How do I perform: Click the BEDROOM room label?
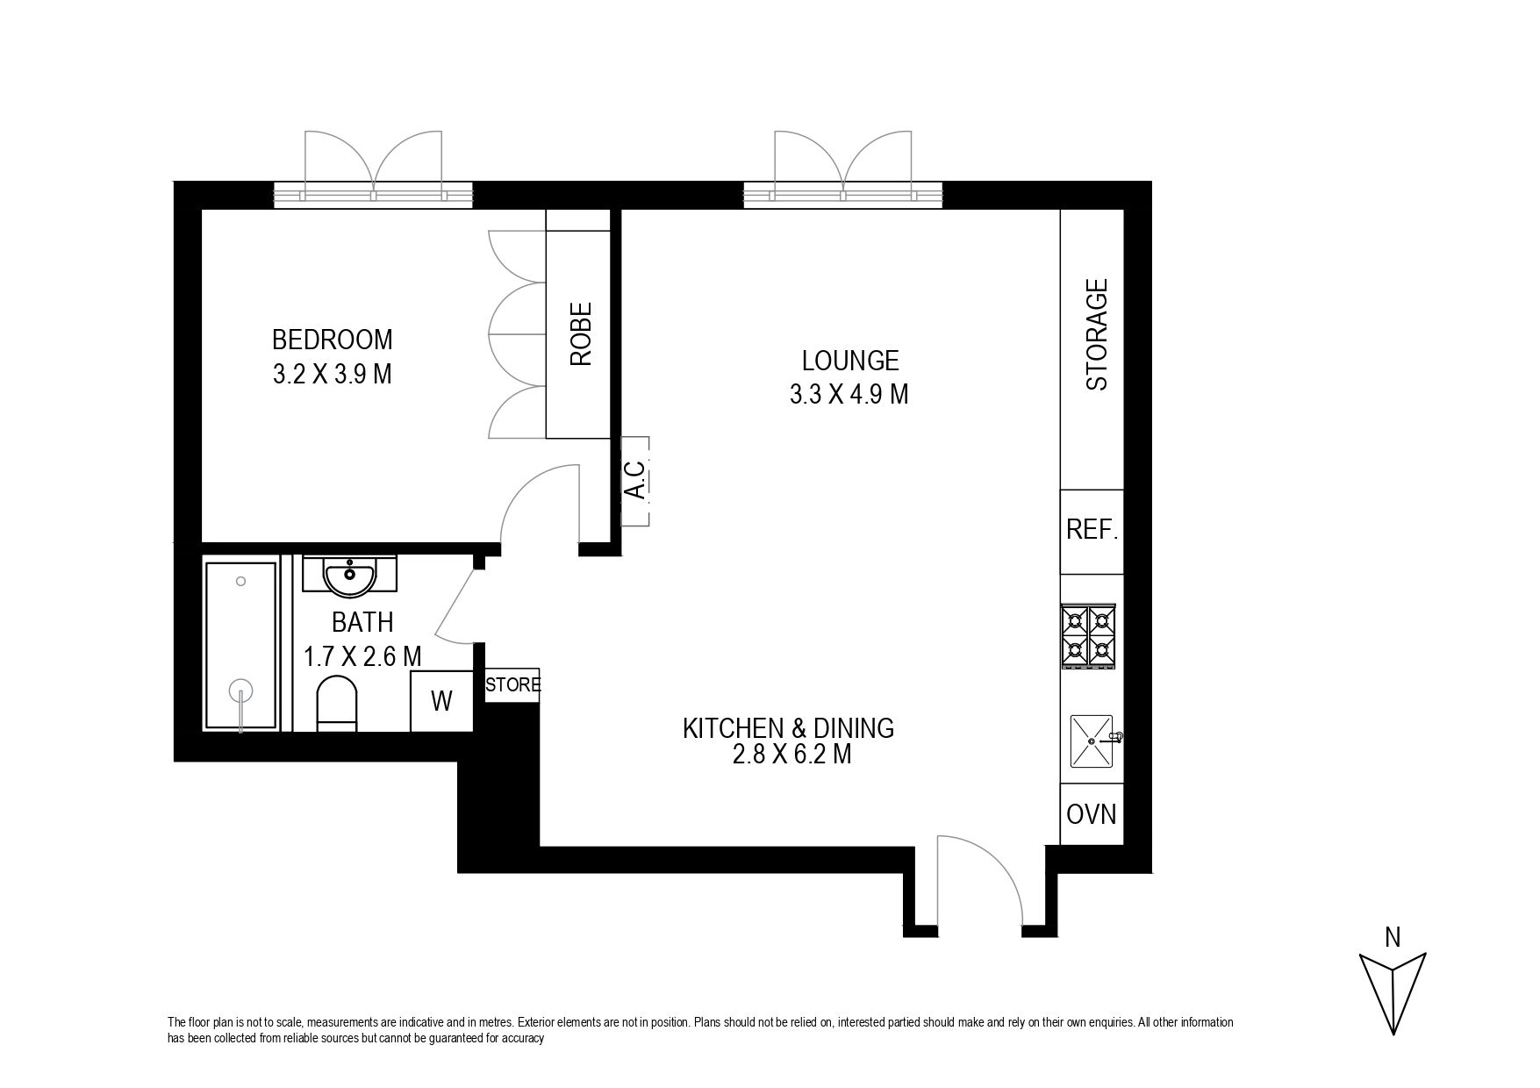(332, 339)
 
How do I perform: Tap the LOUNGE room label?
(850, 360)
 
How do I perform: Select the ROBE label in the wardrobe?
(581, 333)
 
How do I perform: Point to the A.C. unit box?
(635, 481)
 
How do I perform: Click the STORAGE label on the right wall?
(1097, 334)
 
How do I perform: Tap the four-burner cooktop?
(1088, 636)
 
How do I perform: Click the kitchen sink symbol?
(1093, 741)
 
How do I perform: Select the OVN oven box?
(1092, 814)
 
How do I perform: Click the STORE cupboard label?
(513, 684)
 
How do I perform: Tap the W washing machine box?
(442, 701)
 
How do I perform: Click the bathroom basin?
(350, 575)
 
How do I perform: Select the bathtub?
(240, 646)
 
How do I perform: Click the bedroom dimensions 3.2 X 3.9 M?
(332, 375)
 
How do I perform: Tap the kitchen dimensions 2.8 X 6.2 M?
(791, 754)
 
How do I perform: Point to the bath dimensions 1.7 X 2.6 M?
(362, 656)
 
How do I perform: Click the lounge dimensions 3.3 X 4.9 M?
(849, 395)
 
